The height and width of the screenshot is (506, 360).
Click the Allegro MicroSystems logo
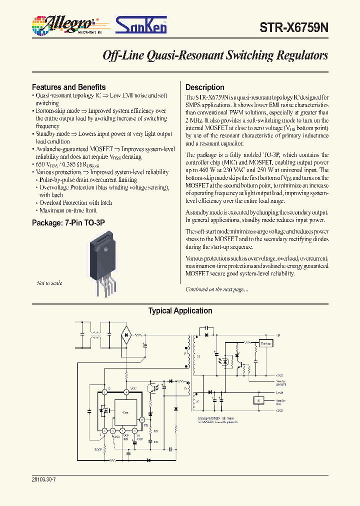(x=64, y=24)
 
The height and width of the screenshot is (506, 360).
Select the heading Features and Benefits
(x=68, y=87)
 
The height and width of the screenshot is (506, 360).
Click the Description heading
(x=204, y=87)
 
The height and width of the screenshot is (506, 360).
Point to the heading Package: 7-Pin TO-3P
(x=68, y=222)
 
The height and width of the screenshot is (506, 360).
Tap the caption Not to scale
(x=49, y=283)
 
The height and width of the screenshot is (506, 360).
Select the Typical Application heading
(x=180, y=311)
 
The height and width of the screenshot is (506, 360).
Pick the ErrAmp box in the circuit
(x=265, y=343)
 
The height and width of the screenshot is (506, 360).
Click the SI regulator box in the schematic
(x=258, y=400)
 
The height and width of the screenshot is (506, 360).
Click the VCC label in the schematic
(x=133, y=388)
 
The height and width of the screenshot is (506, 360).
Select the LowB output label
(x=279, y=393)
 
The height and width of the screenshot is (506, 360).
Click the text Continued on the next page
(x=216, y=289)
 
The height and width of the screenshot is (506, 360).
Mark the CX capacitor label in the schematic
(x=155, y=442)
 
